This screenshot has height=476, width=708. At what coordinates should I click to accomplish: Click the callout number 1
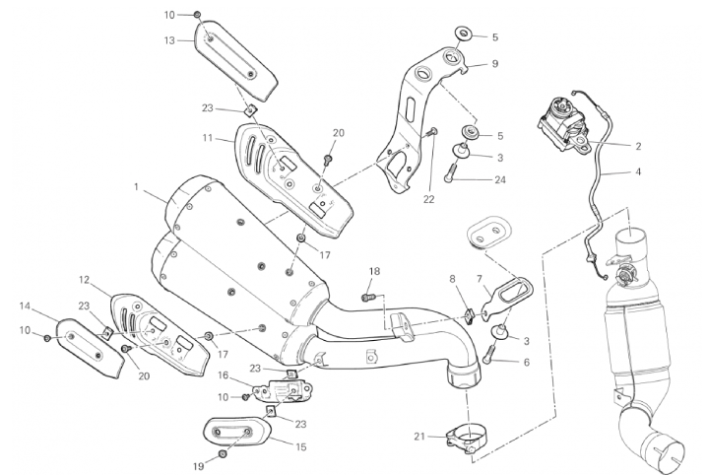click(138, 185)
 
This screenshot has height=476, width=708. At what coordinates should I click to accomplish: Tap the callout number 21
click(420, 436)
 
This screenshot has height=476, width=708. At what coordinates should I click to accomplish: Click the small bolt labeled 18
click(366, 293)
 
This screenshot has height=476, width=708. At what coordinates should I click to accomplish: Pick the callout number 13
click(169, 40)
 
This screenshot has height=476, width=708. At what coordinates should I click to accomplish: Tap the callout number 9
click(495, 63)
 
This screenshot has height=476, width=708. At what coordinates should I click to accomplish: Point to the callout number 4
click(637, 171)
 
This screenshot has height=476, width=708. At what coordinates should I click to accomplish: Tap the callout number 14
click(25, 305)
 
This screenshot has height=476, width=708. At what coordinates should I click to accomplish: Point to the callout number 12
click(85, 279)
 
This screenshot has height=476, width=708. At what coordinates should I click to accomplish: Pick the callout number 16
click(223, 375)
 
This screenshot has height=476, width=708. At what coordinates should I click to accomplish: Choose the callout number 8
click(453, 279)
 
